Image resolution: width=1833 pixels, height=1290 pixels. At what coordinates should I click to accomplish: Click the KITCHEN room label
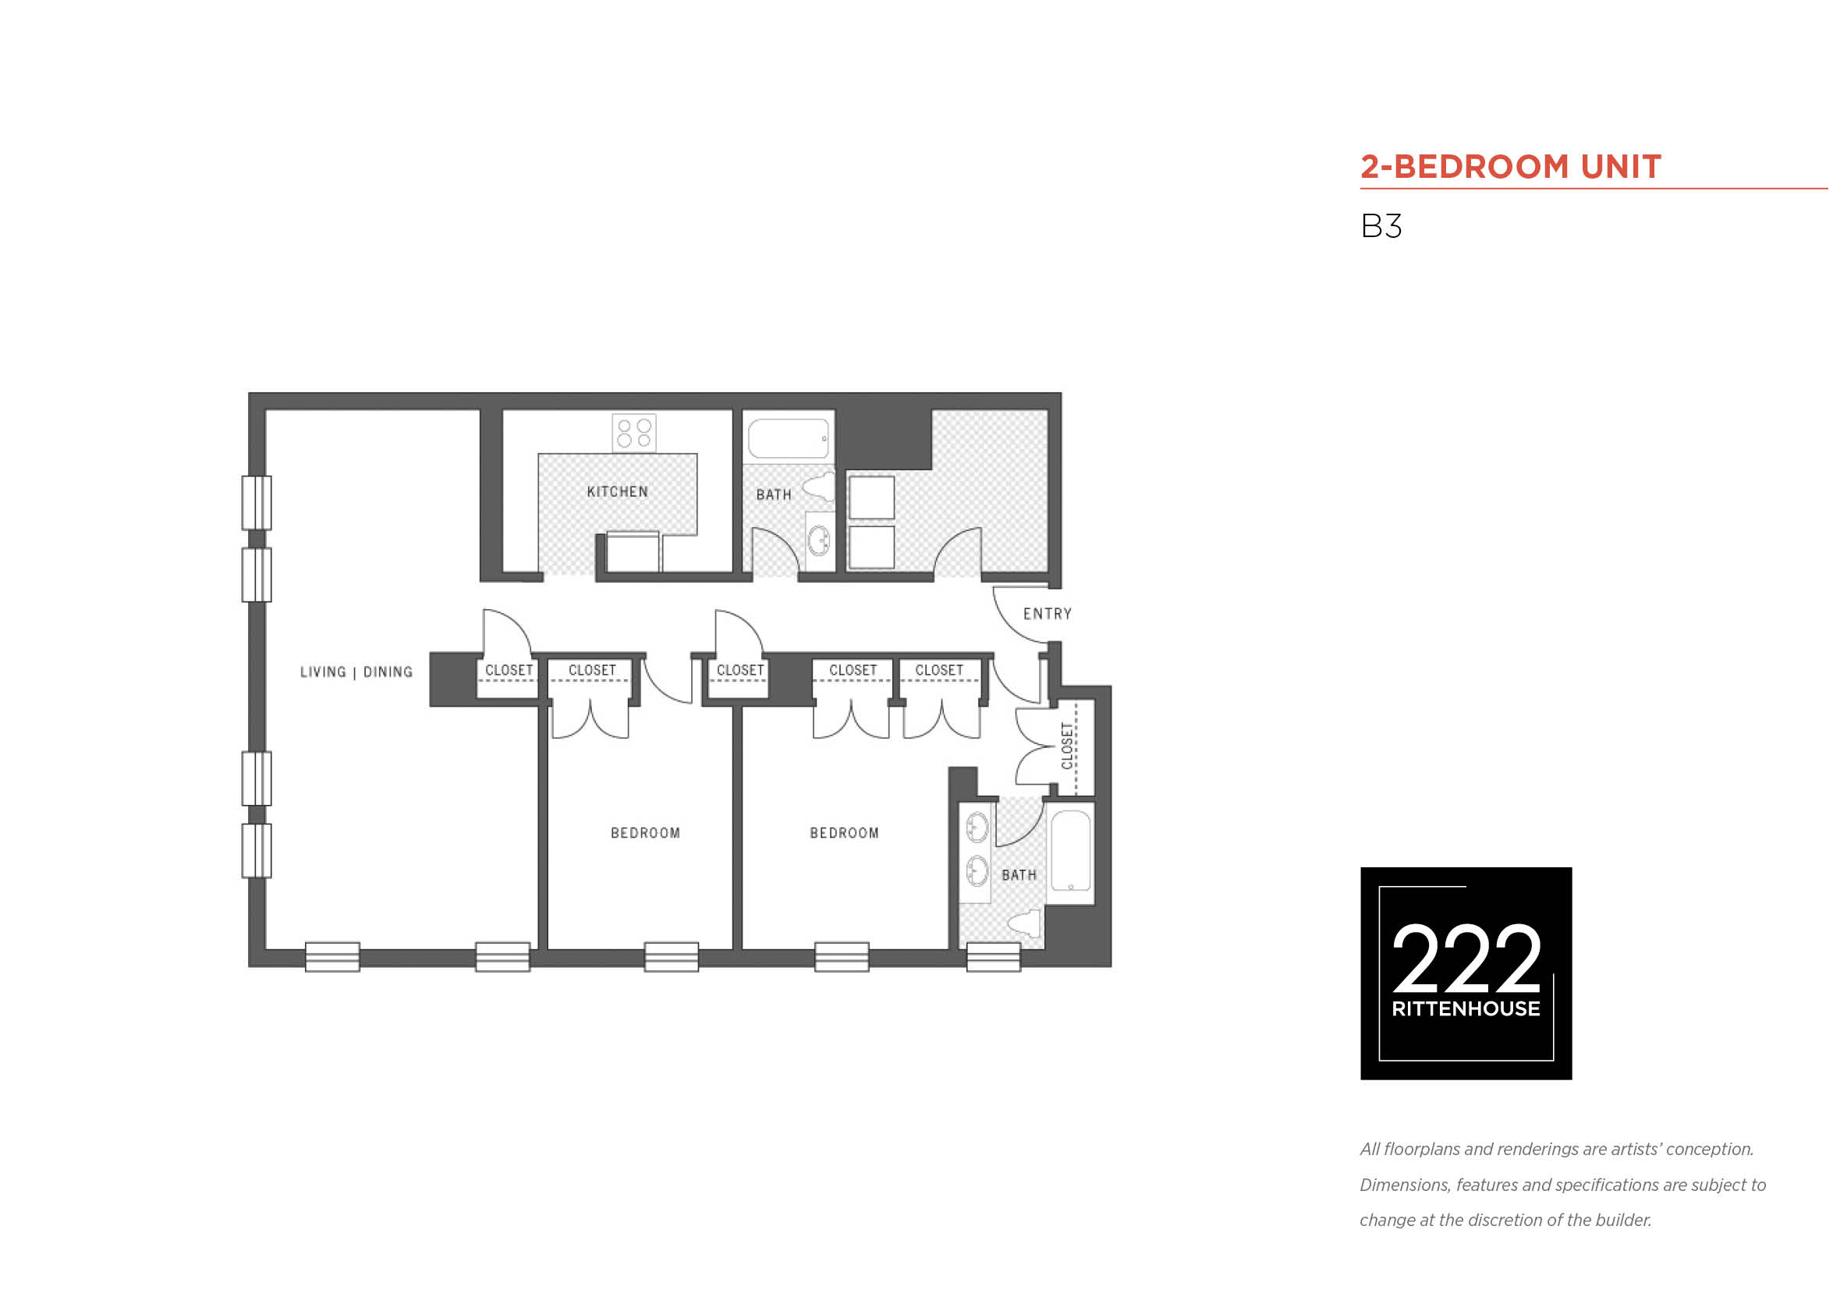[x=617, y=491]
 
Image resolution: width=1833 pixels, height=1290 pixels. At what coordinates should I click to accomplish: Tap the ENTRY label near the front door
[x=1048, y=614]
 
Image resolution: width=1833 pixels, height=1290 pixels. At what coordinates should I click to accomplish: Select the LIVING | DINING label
[x=356, y=672]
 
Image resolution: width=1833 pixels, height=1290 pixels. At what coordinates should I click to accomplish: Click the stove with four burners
[x=634, y=434]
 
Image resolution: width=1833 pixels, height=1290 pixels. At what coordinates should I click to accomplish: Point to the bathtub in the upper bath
[x=789, y=438]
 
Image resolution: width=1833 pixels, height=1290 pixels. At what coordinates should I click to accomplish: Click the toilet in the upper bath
[x=819, y=487]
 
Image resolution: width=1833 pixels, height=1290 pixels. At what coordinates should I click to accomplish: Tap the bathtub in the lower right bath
[x=1071, y=851]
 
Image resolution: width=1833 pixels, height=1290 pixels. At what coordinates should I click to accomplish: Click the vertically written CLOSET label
[x=1066, y=746]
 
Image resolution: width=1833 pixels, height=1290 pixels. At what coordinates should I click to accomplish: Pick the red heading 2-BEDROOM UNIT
[x=1510, y=167]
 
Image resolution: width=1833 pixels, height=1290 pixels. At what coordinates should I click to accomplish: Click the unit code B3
[x=1381, y=227]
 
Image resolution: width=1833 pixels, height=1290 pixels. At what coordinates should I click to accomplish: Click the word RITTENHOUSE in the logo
[x=1466, y=1009]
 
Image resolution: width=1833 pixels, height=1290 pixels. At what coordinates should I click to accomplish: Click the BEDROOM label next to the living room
[x=645, y=834]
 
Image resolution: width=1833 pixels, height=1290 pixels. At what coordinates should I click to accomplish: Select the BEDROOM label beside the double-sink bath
[x=844, y=834]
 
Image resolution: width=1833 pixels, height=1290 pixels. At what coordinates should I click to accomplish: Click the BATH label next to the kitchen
[x=774, y=495]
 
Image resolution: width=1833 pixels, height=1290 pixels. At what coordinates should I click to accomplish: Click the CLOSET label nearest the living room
[x=509, y=671]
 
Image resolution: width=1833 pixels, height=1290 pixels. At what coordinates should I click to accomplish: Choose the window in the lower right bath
[x=993, y=958]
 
